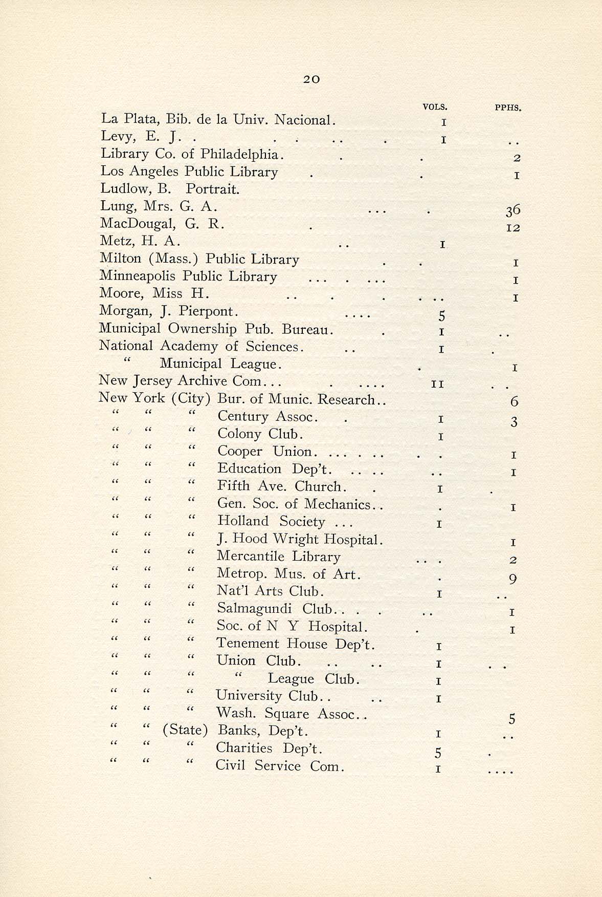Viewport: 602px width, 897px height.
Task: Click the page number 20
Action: click(311, 79)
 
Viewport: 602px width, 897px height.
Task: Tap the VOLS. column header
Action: click(435, 107)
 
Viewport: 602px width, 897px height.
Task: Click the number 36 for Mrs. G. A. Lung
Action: click(513, 210)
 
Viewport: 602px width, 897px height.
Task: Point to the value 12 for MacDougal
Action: click(513, 227)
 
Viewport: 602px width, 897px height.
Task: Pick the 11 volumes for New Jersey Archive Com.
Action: click(437, 384)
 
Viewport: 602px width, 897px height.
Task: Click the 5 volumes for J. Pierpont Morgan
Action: click(442, 316)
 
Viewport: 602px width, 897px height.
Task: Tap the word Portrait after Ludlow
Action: click(212, 189)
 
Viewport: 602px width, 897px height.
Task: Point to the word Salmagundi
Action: click(254, 608)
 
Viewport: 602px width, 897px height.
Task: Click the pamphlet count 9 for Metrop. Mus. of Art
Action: click(513, 579)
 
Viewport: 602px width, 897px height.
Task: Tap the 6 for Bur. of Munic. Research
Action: click(514, 401)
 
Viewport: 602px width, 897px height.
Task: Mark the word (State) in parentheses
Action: click(185, 730)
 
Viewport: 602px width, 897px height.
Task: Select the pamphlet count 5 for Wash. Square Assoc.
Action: click(512, 719)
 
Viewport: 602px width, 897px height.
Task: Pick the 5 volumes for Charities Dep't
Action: click(438, 753)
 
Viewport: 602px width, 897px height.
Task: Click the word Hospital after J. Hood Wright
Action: click(353, 539)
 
